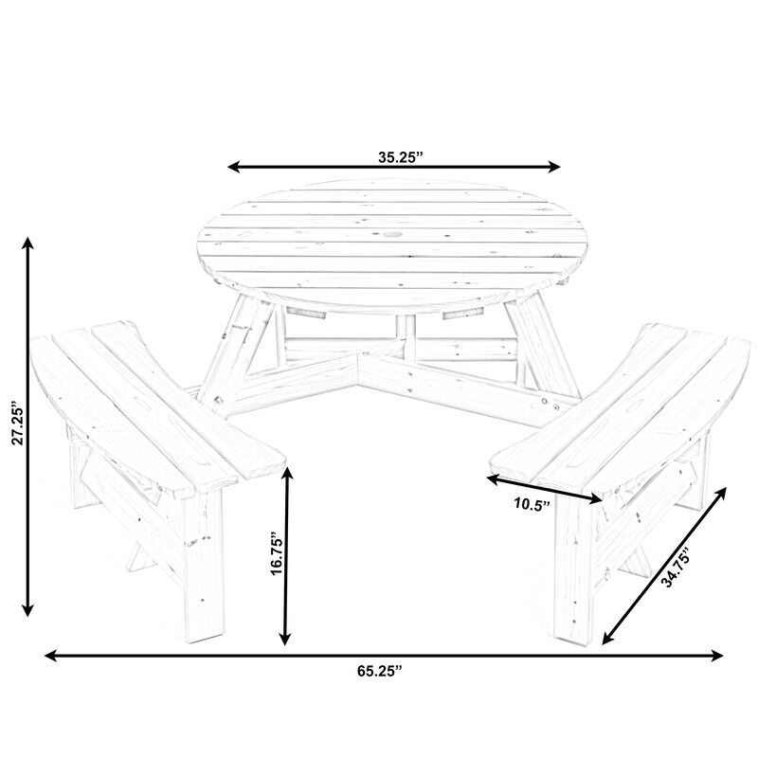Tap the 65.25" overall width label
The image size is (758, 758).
[379, 671]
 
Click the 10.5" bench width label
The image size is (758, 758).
[532, 505]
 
